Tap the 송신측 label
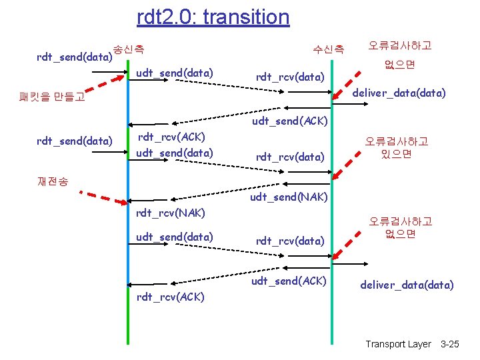pos(129,48)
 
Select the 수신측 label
pos(329,48)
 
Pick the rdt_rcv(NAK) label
pos(171,213)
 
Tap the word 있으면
pos(396,154)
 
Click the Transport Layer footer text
pos(398,344)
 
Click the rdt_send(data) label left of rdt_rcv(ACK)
pos(74,140)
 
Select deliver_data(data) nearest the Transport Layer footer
pos(407,285)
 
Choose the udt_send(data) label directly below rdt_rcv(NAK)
pos(174,237)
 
